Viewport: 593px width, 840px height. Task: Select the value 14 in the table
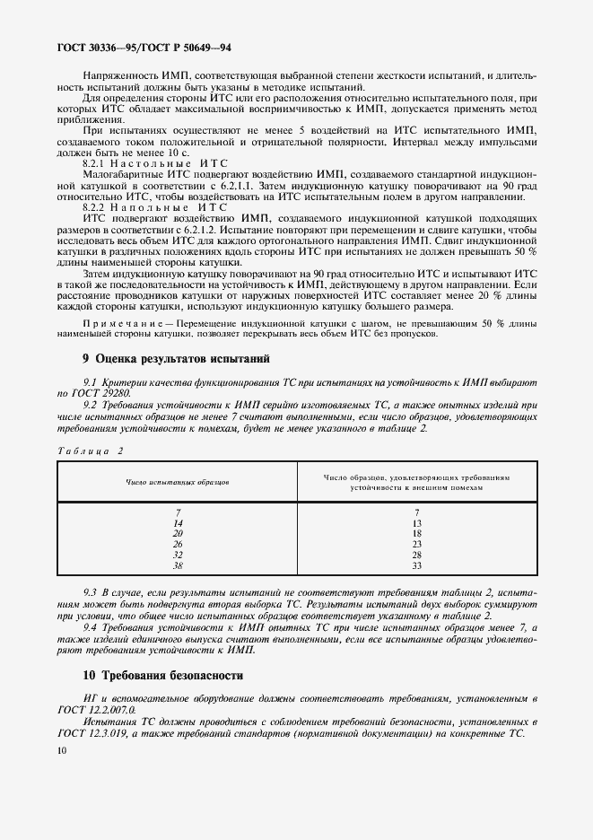point(178,522)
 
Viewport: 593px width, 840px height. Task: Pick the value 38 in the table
point(178,565)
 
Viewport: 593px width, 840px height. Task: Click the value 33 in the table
point(416,565)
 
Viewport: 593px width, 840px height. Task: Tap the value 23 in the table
point(416,544)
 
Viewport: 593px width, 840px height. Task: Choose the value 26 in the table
point(178,544)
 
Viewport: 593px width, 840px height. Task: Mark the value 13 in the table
point(416,522)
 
